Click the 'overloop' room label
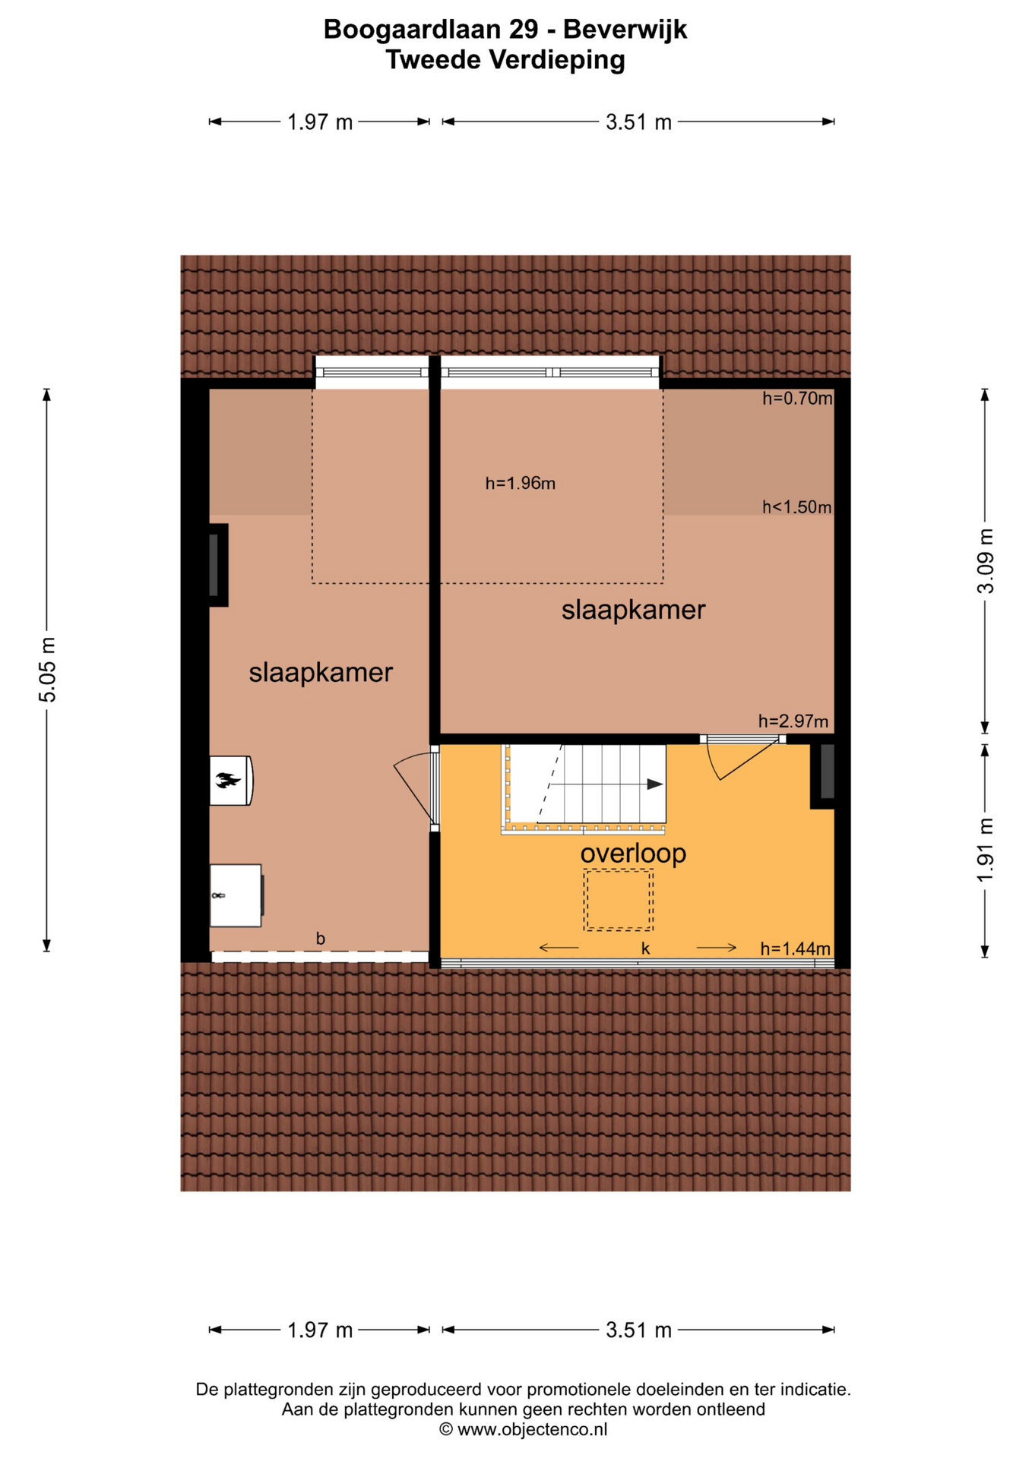pyautogui.click(x=633, y=853)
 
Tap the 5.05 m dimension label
pyautogui.click(x=47, y=670)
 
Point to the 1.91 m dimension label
pyautogui.click(x=985, y=850)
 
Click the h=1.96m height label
pyautogui.click(x=521, y=483)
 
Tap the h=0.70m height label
pyautogui.click(x=797, y=398)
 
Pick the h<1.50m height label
pyautogui.click(x=797, y=507)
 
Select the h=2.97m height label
pyautogui.click(x=793, y=721)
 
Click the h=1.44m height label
pyautogui.click(x=795, y=948)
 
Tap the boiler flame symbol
pyautogui.click(x=228, y=780)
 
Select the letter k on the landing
pyautogui.click(x=645, y=948)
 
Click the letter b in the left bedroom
pyautogui.click(x=321, y=939)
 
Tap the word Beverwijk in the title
pyautogui.click(x=625, y=30)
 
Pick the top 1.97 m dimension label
pyautogui.click(x=320, y=121)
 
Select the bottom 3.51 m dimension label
pyautogui.click(x=639, y=1330)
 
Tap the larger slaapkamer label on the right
pyautogui.click(x=633, y=609)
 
